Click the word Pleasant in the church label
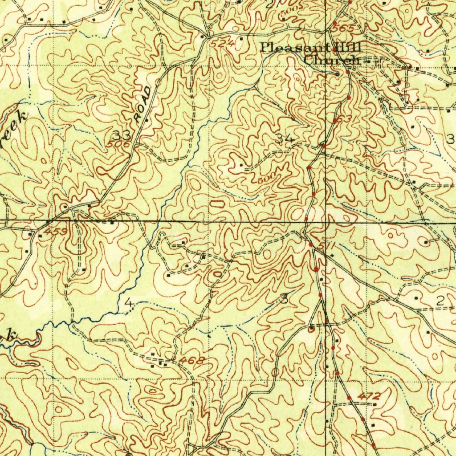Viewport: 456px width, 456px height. pyautogui.click(x=294, y=47)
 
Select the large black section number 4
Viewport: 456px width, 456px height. pyautogui.click(x=129, y=304)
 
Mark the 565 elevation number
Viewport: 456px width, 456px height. pyautogui.click(x=346, y=28)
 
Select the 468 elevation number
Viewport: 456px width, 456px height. pyautogui.click(x=194, y=360)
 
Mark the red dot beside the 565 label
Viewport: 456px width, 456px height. pyautogui.click(x=335, y=23)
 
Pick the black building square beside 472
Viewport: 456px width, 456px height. pyautogui.click(x=375, y=404)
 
